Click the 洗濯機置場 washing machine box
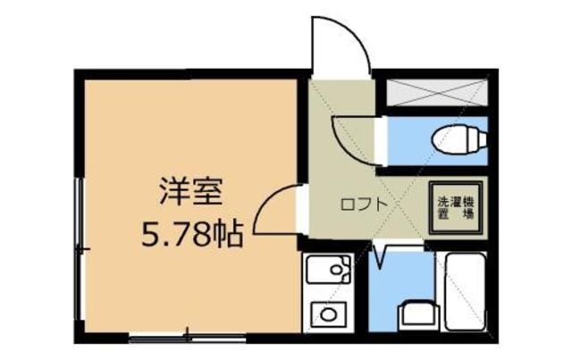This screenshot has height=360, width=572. (455, 207)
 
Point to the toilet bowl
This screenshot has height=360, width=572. (456, 138)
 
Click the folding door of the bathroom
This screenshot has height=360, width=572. (381, 254)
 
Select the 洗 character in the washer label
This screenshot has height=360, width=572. (442, 201)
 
